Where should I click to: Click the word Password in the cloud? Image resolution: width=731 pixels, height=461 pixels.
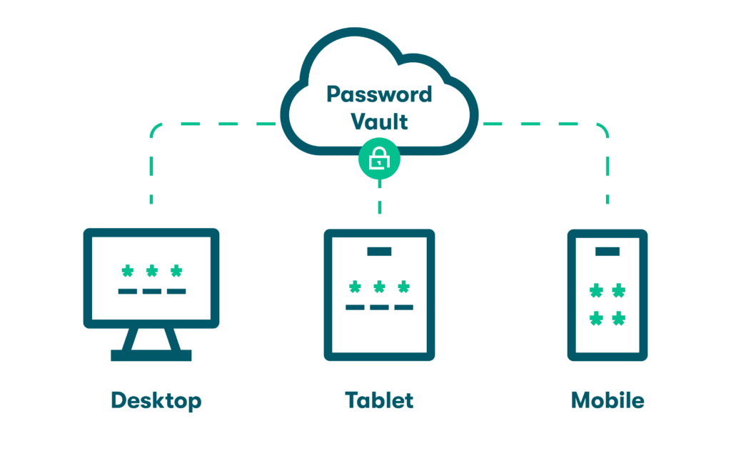click(379, 94)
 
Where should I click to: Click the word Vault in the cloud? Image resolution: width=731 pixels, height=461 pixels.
click(379, 122)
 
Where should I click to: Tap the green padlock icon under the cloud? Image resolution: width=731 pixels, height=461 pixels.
click(379, 161)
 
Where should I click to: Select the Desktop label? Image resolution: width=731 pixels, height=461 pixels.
click(156, 400)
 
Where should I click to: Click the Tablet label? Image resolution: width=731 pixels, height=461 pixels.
click(379, 400)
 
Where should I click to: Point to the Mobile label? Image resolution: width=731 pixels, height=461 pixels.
click(608, 400)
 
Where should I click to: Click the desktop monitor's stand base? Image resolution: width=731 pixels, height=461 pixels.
click(151, 355)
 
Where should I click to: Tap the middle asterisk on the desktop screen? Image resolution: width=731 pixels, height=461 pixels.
click(151, 272)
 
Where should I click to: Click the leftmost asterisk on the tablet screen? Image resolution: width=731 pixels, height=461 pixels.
click(355, 287)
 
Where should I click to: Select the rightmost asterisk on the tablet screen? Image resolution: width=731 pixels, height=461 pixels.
click(403, 287)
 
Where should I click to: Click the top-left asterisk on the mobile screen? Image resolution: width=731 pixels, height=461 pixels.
click(595, 291)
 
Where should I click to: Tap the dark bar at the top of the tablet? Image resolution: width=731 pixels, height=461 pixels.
click(379, 251)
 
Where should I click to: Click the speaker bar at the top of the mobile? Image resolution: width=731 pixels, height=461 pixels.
click(608, 251)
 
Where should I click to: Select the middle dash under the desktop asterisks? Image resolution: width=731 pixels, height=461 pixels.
click(151, 292)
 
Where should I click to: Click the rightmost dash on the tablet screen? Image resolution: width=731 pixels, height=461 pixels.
click(403, 307)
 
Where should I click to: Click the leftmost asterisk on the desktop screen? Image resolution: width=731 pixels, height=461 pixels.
click(128, 272)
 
